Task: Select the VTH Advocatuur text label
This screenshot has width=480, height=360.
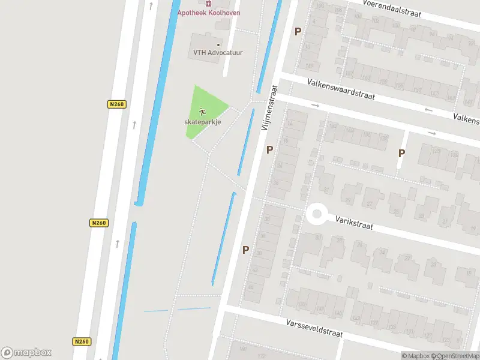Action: tap(218, 53)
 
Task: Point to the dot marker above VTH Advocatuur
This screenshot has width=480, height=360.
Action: tap(218, 44)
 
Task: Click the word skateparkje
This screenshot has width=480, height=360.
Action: tap(203, 122)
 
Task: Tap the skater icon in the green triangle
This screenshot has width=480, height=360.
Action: tap(203, 112)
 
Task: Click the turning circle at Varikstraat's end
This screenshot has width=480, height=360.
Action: tap(316, 214)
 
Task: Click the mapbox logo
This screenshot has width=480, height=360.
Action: tap(26, 353)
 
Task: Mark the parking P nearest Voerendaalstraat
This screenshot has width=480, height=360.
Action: tap(297, 31)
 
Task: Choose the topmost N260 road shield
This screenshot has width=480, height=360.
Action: tap(116, 104)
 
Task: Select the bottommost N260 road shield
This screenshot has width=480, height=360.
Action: tap(82, 341)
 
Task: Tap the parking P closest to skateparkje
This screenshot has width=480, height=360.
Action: tap(269, 149)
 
